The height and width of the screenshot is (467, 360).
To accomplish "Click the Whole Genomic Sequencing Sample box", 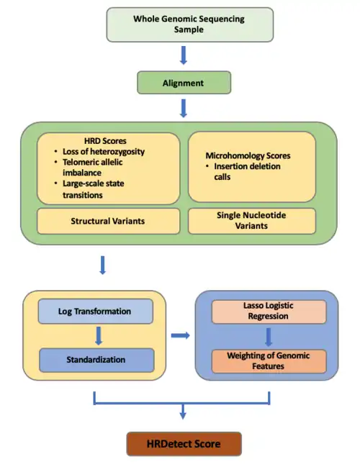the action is [190, 24].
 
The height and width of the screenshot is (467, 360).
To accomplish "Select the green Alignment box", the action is [184, 83].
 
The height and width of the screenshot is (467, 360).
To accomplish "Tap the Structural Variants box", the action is [108, 221].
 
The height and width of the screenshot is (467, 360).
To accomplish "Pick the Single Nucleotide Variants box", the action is [252, 221].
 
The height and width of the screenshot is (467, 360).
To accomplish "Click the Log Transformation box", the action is [95, 312].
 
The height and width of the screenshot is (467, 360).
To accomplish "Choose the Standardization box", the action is [96, 360].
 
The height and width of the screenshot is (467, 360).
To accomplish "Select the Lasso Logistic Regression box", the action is [269, 312].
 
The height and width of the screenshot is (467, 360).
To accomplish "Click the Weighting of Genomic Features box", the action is [269, 361].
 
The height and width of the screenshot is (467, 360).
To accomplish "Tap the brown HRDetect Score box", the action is [184, 444].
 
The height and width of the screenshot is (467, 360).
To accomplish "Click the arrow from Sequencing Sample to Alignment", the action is [184, 55].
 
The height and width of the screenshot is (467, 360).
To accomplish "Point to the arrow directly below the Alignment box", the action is [184, 109].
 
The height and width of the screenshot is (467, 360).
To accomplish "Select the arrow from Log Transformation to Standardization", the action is [99, 336].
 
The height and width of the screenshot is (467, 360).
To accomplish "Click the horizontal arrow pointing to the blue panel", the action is [181, 335].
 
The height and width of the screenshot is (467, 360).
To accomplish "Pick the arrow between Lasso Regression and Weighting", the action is [269, 337].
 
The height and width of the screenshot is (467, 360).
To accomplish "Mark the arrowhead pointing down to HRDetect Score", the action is [183, 415].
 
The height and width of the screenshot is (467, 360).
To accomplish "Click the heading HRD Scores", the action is [105, 140].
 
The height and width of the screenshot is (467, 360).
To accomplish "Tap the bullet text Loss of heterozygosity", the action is [104, 152].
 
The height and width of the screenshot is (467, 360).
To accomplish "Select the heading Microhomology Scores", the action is [248, 155].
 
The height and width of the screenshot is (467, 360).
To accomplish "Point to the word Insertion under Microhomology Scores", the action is [230, 166].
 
